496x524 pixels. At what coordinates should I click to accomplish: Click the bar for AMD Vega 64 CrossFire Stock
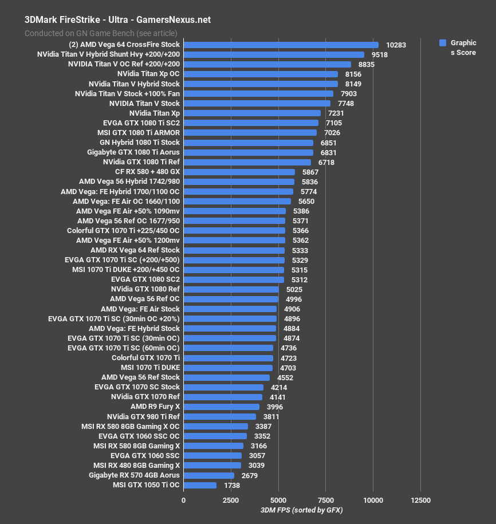click(x=281, y=45)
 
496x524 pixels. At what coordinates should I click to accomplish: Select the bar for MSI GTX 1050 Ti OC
click(x=200, y=485)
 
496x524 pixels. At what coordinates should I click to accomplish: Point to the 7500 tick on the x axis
click(x=326, y=499)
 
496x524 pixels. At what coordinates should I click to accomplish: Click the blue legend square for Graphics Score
click(x=442, y=43)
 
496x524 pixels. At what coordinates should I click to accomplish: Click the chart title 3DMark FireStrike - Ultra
click(x=117, y=19)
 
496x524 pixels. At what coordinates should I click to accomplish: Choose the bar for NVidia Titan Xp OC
click(x=261, y=74)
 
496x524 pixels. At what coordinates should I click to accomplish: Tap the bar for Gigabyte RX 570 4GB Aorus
click(x=208, y=475)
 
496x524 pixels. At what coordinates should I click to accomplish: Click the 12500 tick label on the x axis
click(x=421, y=499)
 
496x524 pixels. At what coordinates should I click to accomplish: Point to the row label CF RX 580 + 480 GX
click(x=147, y=172)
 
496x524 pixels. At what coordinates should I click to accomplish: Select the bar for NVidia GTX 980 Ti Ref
click(x=219, y=416)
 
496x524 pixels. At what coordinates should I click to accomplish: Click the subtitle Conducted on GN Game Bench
click(x=101, y=33)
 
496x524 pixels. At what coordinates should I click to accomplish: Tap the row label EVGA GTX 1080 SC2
click(x=145, y=279)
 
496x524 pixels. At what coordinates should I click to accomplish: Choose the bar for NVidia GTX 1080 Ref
click(x=231, y=289)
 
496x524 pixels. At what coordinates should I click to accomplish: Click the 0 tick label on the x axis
click(x=183, y=499)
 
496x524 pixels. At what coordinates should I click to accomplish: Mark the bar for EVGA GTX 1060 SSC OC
click(x=215, y=436)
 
